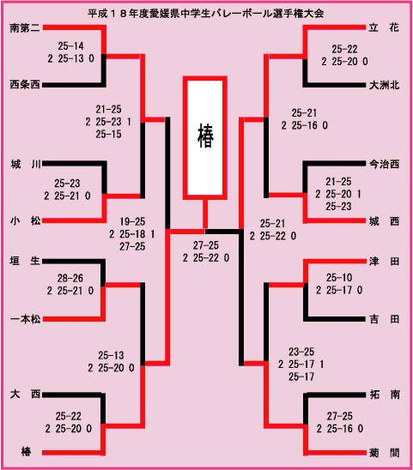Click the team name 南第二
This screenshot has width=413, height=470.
pos(25,28)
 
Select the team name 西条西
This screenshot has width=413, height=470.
pos(25,85)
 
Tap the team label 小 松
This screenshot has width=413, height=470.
pos(25,221)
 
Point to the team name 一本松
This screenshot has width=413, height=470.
pos(25,320)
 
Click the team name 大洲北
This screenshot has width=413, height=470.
pos(384,86)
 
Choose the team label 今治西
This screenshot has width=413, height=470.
pos(384,165)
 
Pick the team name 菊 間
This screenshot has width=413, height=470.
pos(385,453)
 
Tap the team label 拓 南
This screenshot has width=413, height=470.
pos(385,395)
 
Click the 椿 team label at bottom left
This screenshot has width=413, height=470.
pos(26,452)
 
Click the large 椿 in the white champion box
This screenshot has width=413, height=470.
pos(205,136)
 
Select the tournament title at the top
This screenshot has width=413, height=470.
pos(206,14)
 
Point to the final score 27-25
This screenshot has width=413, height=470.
pos(206,245)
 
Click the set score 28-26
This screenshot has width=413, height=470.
pos(70,279)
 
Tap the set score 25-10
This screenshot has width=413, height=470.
pos(339,278)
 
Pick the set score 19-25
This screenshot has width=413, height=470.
pos(132,222)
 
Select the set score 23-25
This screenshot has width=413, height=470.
pos(301,352)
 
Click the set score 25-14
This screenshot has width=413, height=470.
pos(70,46)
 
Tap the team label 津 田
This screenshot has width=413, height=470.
pos(385,262)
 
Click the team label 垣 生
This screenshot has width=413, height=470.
pos(25,261)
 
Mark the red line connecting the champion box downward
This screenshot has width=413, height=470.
pos(205,214)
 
